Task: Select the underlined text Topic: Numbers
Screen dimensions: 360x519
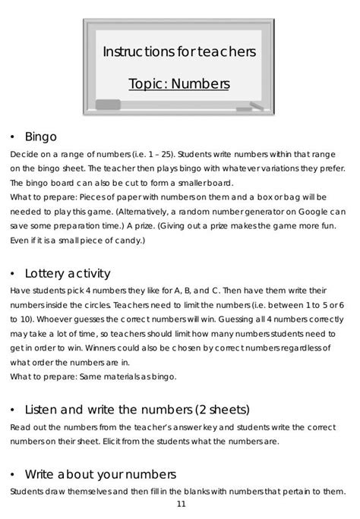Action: click(x=179, y=83)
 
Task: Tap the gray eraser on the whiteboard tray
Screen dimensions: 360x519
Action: click(x=107, y=104)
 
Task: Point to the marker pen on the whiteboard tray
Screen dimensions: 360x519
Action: click(x=253, y=109)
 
